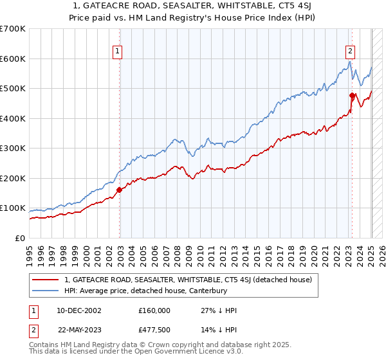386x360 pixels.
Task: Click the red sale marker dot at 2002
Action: [119, 190]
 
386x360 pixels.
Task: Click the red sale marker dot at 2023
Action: [352, 96]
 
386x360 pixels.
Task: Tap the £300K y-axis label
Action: [13, 148]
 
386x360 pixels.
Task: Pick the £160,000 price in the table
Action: [154, 310]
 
